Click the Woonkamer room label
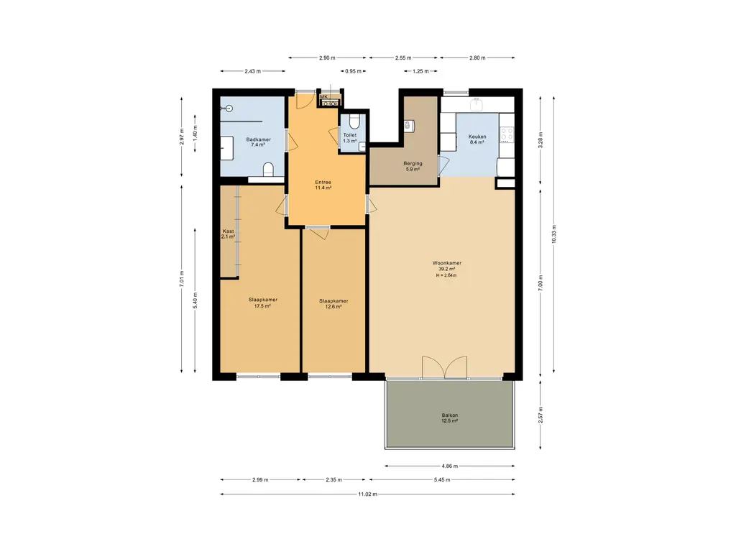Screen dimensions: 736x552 pyautogui.click(x=447, y=263)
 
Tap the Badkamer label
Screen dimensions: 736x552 pyautogui.click(x=258, y=139)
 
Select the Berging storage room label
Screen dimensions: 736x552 pyautogui.click(x=413, y=163)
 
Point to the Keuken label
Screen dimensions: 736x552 pyautogui.click(x=477, y=137)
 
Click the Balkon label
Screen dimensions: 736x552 pyautogui.click(x=450, y=415)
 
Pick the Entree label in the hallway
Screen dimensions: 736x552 pyautogui.click(x=323, y=182)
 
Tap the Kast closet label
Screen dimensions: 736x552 pyautogui.click(x=228, y=231)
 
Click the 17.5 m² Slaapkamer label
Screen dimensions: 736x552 pyautogui.click(x=263, y=300)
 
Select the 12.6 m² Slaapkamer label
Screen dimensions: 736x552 pyautogui.click(x=333, y=301)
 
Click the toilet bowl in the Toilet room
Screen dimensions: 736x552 pyautogui.click(x=354, y=122)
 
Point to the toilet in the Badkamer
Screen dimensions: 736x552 pyautogui.click(x=269, y=168)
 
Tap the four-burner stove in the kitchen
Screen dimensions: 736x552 pyautogui.click(x=507, y=134)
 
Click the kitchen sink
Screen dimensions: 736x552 pyautogui.click(x=477, y=104)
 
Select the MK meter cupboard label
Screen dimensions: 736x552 pyautogui.click(x=324, y=97)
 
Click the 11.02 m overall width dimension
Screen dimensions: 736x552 pyautogui.click(x=367, y=494)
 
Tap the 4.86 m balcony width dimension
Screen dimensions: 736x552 pyautogui.click(x=450, y=466)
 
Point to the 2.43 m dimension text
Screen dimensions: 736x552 pyautogui.click(x=252, y=71)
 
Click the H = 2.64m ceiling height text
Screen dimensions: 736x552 pyautogui.click(x=446, y=275)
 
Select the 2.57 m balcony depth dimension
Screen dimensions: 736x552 pyautogui.click(x=540, y=415)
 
